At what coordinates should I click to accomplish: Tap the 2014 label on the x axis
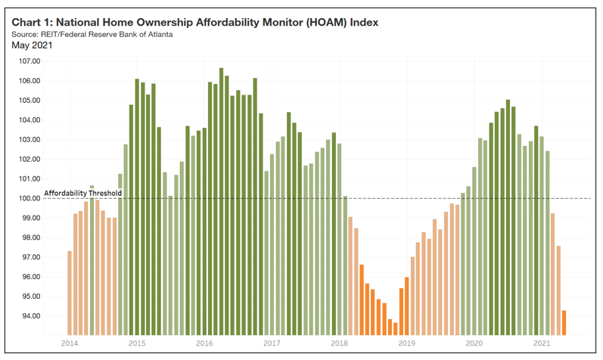69,343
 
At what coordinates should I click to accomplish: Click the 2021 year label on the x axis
541,343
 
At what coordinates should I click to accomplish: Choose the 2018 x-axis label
340,343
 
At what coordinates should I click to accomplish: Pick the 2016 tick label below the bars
204,343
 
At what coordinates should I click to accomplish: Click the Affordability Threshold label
82,194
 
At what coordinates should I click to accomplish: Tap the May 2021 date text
32,46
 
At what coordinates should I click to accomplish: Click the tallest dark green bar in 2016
222,201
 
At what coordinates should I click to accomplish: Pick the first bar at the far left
70,293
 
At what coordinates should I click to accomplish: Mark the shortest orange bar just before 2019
395,328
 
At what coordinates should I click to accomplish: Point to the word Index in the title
359,22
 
